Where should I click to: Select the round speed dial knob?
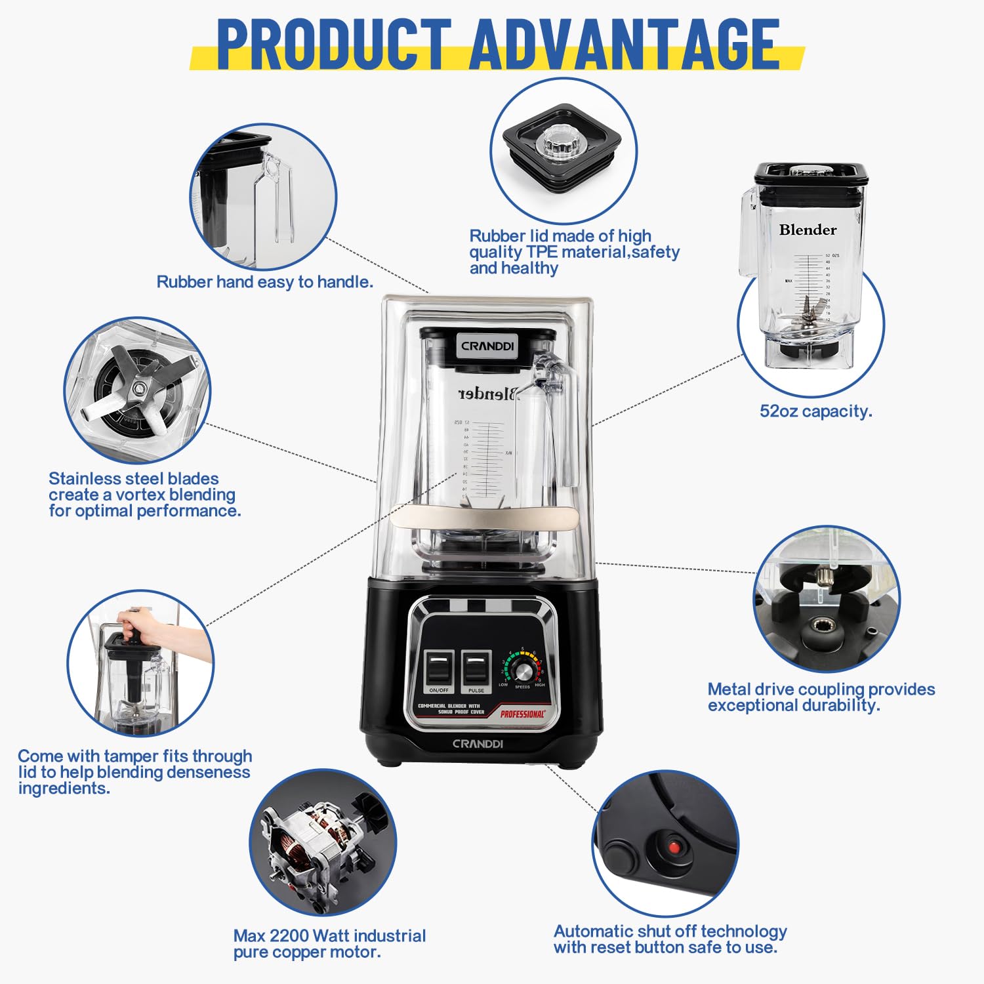point(523,670)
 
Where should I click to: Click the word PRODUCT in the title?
point(333,44)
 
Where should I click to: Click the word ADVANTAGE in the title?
point(624,44)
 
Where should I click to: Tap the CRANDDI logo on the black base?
point(478,744)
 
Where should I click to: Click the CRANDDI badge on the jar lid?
point(487,346)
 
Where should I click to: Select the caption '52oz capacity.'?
point(815,411)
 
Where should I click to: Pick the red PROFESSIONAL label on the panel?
point(522,714)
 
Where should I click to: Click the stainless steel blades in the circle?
point(138,390)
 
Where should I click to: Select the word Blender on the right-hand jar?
point(808,230)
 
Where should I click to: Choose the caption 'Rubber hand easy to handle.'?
point(264,282)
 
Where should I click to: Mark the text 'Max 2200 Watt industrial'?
point(329,936)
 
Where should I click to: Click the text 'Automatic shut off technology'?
point(670,932)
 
